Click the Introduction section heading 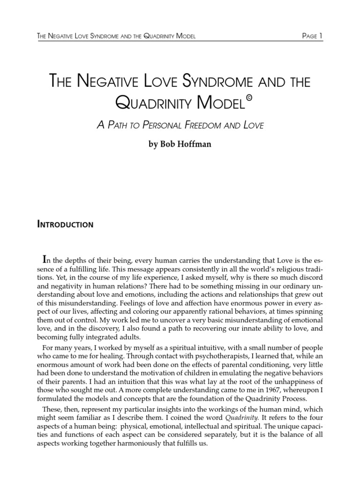65,225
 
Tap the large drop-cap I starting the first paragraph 45,259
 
